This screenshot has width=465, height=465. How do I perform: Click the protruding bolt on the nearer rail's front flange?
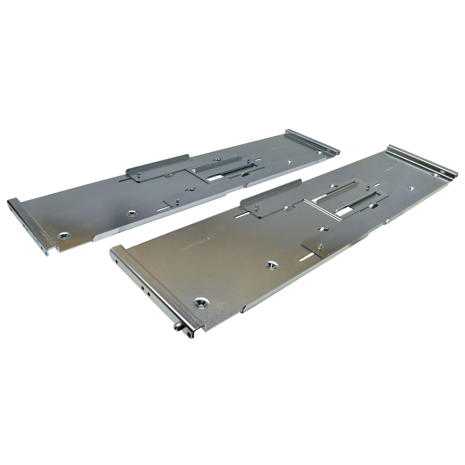click(x=177, y=328)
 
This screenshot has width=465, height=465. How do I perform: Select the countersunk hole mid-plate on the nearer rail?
click(x=271, y=265)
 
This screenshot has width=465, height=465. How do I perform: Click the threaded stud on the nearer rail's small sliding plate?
click(x=321, y=245)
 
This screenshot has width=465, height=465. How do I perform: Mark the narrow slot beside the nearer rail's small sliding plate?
click(x=310, y=258)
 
